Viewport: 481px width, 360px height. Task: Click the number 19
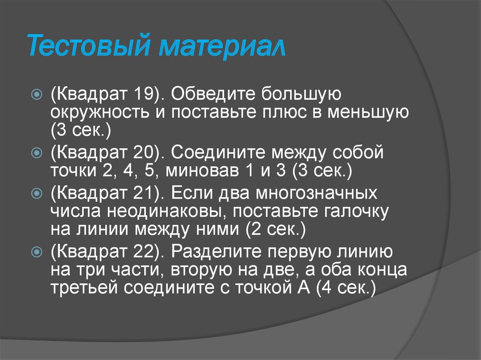pyautogui.click(x=142, y=94)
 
